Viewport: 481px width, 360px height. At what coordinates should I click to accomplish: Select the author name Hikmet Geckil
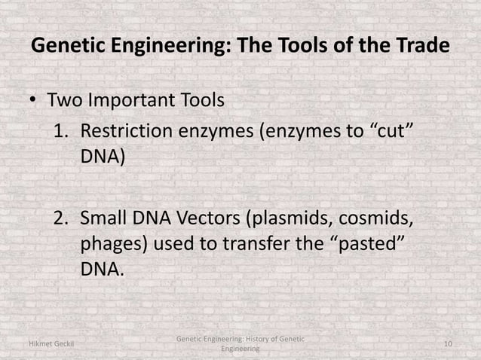point(51,345)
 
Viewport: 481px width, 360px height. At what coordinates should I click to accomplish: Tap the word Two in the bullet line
point(65,99)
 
